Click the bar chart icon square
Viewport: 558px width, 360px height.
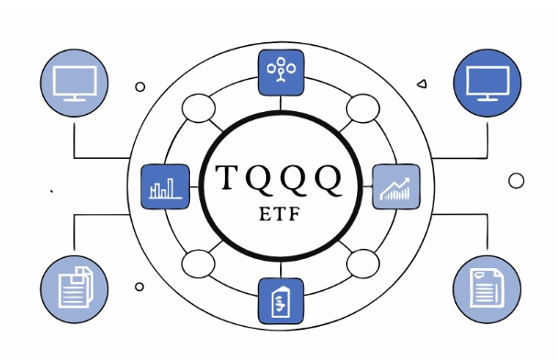163,186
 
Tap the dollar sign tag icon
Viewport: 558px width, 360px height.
279,300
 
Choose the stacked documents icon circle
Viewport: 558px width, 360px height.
73,287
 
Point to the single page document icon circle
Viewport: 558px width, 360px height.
485,287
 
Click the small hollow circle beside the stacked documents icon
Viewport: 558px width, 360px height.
139,287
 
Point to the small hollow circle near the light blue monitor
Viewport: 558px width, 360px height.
139,87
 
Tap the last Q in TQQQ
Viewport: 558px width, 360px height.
328,177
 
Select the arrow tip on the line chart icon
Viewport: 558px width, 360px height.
407,178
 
